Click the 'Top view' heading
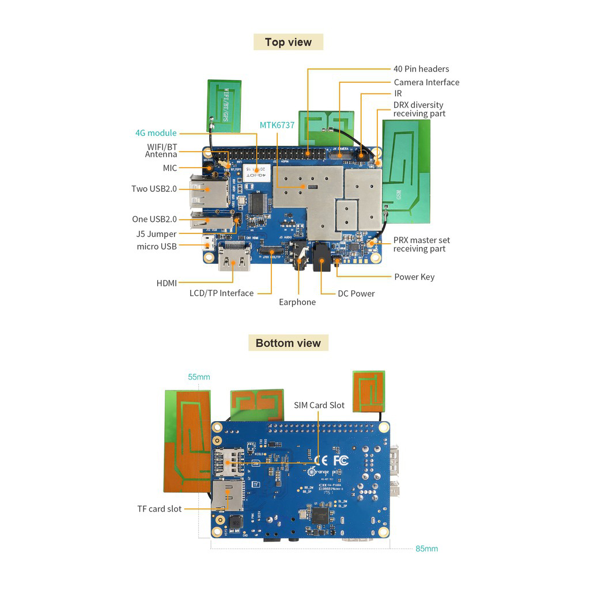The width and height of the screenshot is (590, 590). coord(288,42)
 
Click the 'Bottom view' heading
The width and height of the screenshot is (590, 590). coord(288,343)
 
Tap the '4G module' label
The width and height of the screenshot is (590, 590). coord(156,133)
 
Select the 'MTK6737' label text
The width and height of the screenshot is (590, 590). coord(277,125)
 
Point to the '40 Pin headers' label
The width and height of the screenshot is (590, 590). coord(421,69)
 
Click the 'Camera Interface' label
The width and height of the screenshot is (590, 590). coord(426,82)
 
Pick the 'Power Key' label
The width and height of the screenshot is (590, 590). coord(414,277)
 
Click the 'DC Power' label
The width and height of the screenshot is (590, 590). coord(356,294)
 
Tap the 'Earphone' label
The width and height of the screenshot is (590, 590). coord(297,302)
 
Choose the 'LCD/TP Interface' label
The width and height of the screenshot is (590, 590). coord(221,293)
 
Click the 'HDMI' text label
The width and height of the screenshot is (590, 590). coord(167,283)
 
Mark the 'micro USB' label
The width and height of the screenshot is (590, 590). coord(157,247)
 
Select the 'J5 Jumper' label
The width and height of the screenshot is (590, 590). coord(157,235)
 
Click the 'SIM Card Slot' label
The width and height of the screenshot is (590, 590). coord(319,405)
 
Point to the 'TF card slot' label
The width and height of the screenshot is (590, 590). coord(159,509)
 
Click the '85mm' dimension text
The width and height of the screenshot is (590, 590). coord(426,549)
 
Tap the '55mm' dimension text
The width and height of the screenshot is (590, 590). coord(199,377)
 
